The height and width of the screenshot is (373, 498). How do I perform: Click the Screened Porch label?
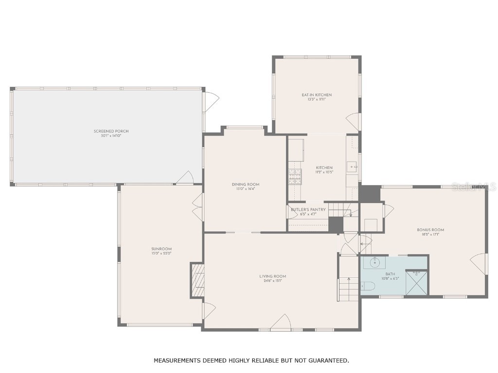pyautogui.click(x=111, y=131)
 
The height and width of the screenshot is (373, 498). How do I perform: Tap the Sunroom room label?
pyautogui.click(x=161, y=249)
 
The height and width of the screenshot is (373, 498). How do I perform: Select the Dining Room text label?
pyautogui.click(x=245, y=185)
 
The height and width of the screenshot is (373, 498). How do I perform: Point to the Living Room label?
pyautogui.click(x=272, y=276)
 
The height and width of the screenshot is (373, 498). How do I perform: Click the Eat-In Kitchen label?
pyautogui.click(x=317, y=95)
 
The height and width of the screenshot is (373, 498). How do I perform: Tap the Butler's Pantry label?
pyautogui.click(x=308, y=210)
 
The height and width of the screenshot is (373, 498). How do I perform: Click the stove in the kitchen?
pyautogui.click(x=295, y=177)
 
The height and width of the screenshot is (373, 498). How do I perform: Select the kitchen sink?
pyautogui.click(x=352, y=167)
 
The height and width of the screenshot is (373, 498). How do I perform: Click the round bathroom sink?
pyautogui.click(x=374, y=263)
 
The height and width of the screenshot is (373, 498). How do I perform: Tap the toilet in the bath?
pyautogui.click(x=366, y=287)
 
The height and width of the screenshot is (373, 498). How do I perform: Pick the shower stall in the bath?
pyautogui.click(x=416, y=283)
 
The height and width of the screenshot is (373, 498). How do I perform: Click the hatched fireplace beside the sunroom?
pyautogui.click(x=197, y=280)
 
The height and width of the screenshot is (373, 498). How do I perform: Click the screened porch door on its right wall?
pyautogui.click(x=210, y=101)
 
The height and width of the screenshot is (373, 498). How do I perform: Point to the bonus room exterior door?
pyautogui.click(x=479, y=264)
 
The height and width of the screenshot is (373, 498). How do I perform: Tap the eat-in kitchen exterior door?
pyautogui.click(x=354, y=122)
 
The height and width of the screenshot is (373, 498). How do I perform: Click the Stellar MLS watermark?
pyautogui.click(x=474, y=186)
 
